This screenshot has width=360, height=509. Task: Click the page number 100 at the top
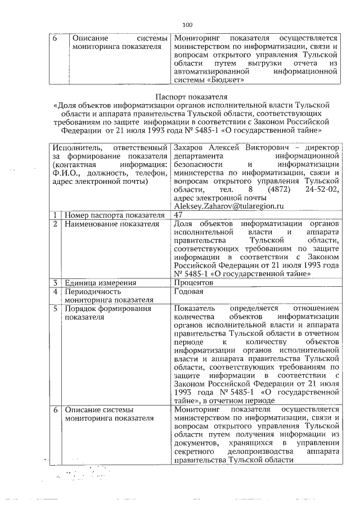click(188, 24)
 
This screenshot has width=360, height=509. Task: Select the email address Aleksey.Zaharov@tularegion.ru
click(223, 206)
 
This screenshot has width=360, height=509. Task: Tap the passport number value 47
click(179, 215)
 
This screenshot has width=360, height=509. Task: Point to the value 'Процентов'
click(193, 282)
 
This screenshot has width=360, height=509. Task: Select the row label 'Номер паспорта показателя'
click(111, 215)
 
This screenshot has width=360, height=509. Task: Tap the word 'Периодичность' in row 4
click(93, 291)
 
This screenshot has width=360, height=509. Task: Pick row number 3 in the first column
click(56, 282)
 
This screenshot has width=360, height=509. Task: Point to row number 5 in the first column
click(56, 308)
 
